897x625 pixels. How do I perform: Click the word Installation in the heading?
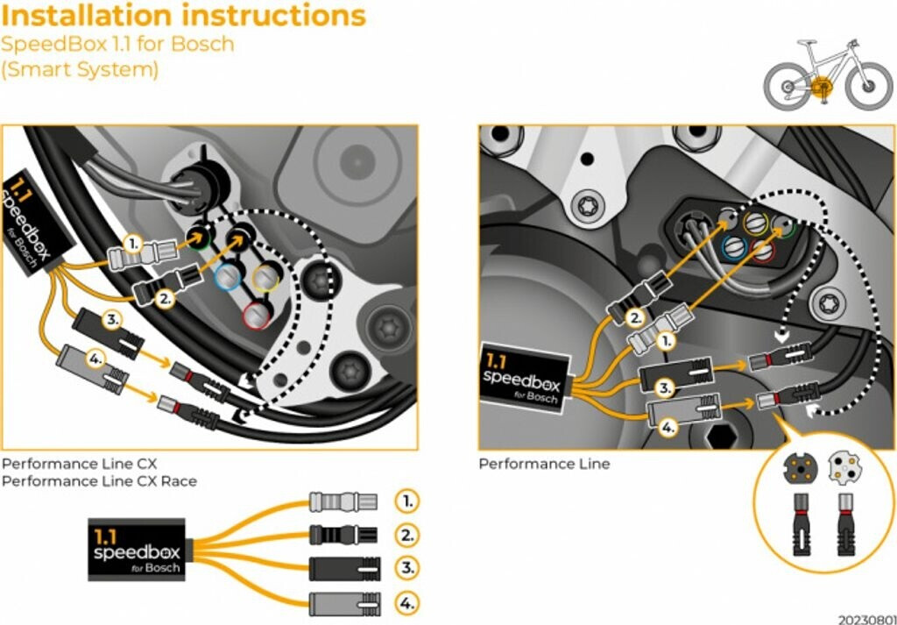92,15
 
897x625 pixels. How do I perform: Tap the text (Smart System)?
80,69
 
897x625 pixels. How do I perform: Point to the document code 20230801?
865,619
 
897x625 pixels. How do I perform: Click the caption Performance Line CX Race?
99,481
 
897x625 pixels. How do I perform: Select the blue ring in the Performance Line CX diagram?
227,277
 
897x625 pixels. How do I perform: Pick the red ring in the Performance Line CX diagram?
256,311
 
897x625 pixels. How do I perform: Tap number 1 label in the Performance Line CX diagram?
131,242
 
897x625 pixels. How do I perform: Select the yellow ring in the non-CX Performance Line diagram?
755,225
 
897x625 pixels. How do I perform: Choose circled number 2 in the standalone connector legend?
406,534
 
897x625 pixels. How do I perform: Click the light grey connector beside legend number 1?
343,501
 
